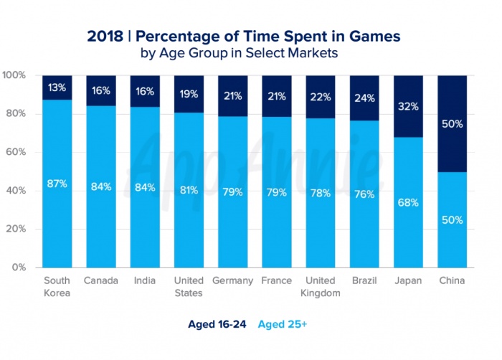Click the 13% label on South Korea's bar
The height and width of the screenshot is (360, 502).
click(x=57, y=87)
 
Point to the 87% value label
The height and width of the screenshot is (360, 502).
click(x=57, y=184)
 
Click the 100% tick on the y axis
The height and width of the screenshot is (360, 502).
click(x=15, y=75)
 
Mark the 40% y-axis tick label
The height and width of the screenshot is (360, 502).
click(x=17, y=191)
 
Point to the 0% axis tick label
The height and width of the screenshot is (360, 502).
click(x=20, y=267)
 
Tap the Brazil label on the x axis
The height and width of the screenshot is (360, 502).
click(x=364, y=281)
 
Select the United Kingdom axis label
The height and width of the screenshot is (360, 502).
click(x=321, y=287)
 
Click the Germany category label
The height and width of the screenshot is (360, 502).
click(x=232, y=281)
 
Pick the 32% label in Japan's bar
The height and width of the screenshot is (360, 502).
click(x=408, y=107)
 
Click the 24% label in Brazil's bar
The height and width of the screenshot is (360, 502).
click(x=364, y=98)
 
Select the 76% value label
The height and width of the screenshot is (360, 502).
click(x=364, y=194)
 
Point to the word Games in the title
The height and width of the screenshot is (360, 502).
click(x=373, y=34)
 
